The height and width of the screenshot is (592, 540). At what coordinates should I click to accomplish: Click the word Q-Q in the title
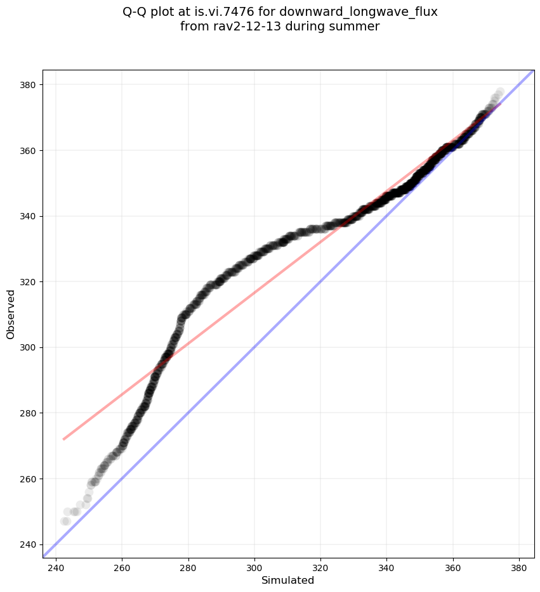click(x=135, y=12)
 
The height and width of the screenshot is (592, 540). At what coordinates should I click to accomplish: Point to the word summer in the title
click(x=358, y=27)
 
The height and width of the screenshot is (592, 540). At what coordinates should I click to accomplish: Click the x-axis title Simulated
click(x=288, y=580)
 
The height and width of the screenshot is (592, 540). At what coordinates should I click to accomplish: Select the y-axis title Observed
click(x=11, y=314)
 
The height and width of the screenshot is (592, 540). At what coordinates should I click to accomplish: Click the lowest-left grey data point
click(x=65, y=521)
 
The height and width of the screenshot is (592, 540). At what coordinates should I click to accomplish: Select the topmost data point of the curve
click(x=500, y=92)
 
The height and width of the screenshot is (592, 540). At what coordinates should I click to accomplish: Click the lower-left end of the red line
click(x=63, y=439)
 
